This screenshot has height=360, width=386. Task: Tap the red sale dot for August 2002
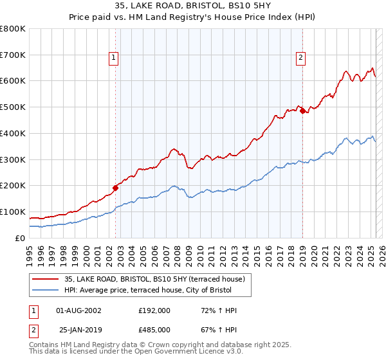116,188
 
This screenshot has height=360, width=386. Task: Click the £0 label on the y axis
19,238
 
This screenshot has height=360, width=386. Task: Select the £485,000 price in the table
154,330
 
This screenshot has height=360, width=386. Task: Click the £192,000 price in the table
154,310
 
